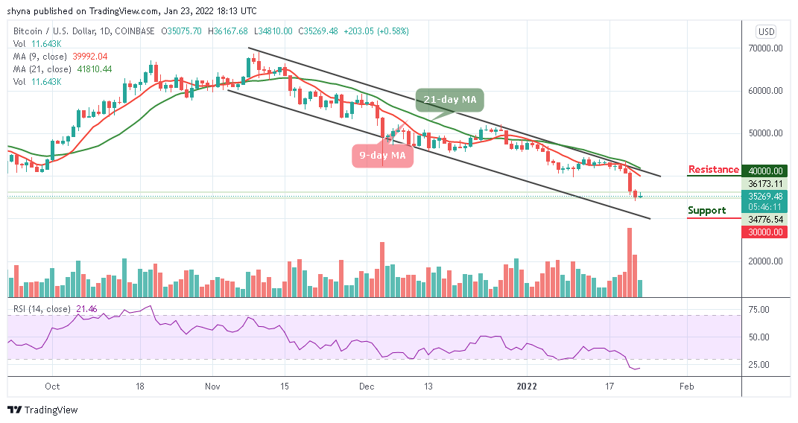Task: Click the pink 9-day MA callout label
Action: click(382, 156)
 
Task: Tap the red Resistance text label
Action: click(714, 170)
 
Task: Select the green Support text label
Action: click(706, 211)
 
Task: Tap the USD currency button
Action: click(765, 31)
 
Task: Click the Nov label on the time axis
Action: click(213, 387)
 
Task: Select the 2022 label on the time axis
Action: click(527, 387)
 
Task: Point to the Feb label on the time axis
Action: click(686, 387)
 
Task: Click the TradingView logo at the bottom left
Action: click(42, 410)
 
